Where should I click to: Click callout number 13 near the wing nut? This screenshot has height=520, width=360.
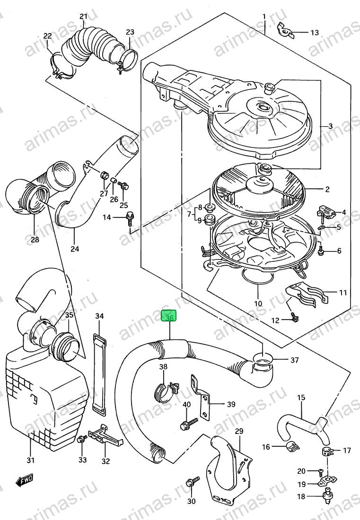click(x=314, y=33)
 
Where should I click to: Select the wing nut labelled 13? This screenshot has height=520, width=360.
click(x=285, y=31)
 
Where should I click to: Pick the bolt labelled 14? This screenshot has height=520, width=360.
click(x=130, y=218)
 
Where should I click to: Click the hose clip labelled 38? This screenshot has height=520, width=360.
click(x=166, y=391)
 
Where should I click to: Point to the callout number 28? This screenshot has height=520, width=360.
click(x=35, y=239)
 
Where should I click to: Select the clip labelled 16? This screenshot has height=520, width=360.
click(x=290, y=447)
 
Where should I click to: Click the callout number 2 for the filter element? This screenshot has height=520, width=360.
click(x=327, y=190)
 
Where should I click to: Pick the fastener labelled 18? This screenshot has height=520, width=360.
click(x=325, y=496)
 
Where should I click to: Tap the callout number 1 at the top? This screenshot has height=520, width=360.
click(x=264, y=16)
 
